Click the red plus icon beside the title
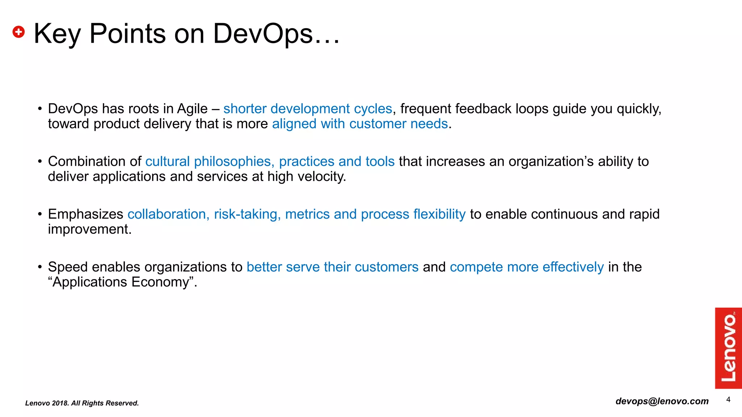point(18,32)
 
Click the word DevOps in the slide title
point(263,34)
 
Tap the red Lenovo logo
point(728,348)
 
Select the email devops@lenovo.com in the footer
point(662,401)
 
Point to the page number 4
point(728,400)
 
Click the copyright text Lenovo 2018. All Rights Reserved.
point(82,403)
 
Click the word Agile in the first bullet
point(192,109)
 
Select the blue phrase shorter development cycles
point(308,109)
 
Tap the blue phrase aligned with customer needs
point(360,124)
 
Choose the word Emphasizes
point(86,214)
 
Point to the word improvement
point(89,229)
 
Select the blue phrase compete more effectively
point(526,267)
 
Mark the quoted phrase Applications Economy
point(122,282)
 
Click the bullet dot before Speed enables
point(40,267)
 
